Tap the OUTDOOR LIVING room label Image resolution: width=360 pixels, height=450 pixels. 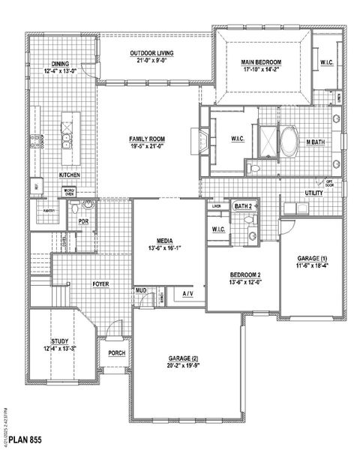coord(152,54)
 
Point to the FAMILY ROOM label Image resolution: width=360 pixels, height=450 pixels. coord(147,139)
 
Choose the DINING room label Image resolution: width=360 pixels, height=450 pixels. coord(61,64)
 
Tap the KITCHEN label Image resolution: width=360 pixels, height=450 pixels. coord(70,175)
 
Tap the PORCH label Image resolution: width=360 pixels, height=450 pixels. coord(116,353)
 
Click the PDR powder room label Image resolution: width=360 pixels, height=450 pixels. coord(84,221)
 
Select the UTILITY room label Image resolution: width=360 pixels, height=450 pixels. coord(313,193)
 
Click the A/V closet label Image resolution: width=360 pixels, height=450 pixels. coord(187,294)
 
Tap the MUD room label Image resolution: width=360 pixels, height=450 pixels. coord(140,289)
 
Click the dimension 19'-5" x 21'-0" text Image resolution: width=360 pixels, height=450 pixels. coord(147,148)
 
